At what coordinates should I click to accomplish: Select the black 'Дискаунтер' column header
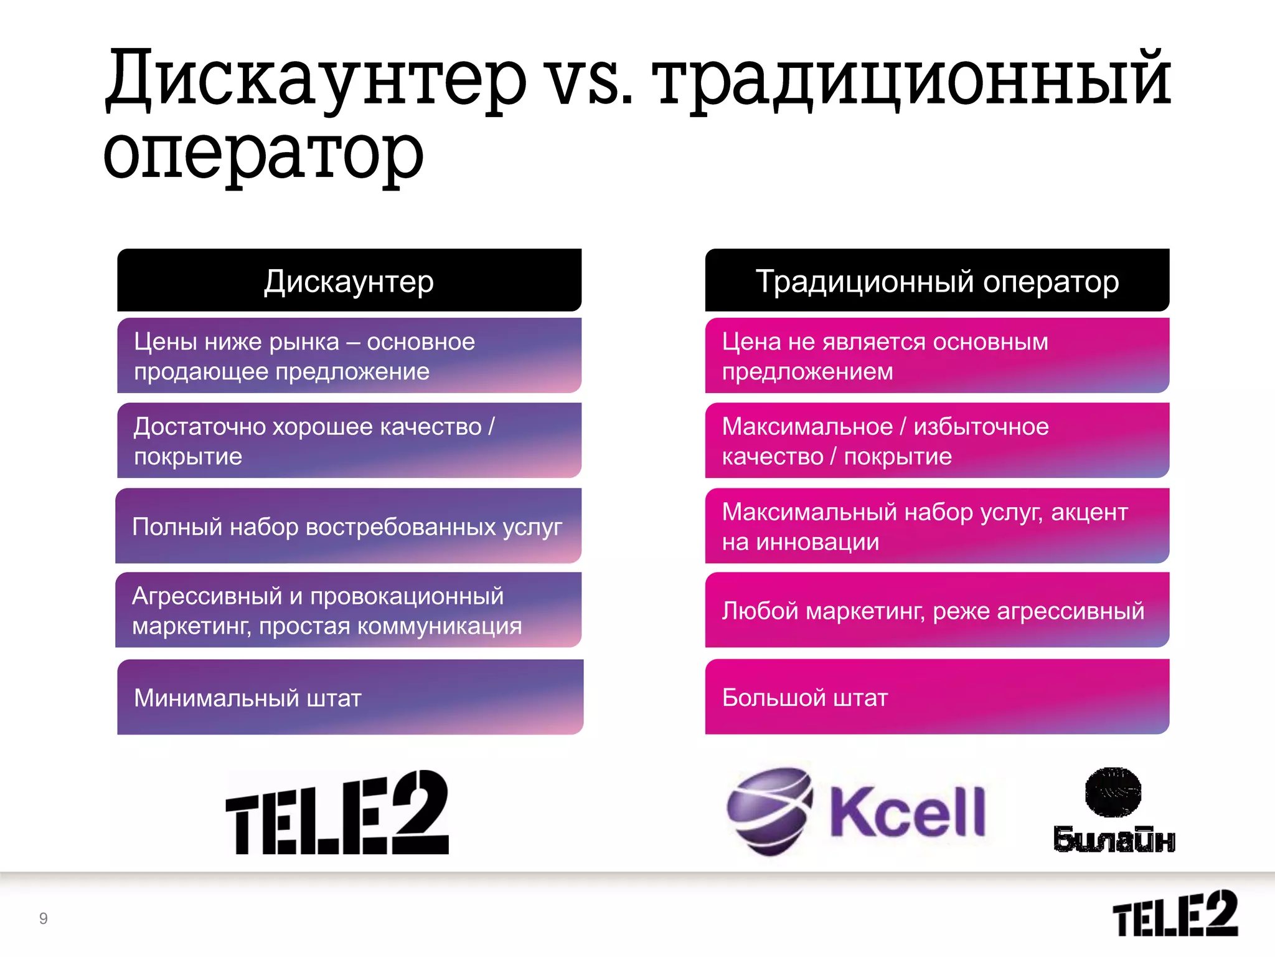click(349, 280)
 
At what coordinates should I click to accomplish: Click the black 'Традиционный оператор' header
click(937, 280)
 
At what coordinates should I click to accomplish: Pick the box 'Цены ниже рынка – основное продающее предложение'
click(349, 356)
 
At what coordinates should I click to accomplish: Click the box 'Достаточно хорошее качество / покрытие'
click(349, 440)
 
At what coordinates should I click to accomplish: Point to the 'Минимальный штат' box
click(350, 697)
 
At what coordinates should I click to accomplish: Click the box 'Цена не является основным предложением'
click(937, 356)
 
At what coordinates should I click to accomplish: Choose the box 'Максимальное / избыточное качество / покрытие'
click(937, 440)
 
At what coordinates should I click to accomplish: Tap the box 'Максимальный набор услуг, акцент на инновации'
click(937, 526)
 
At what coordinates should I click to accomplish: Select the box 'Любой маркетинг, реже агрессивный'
click(937, 610)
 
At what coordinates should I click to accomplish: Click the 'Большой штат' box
click(937, 697)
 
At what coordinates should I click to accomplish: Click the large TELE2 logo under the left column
click(337, 813)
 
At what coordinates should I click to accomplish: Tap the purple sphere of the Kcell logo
click(769, 810)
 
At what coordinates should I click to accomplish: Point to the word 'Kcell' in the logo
click(908, 811)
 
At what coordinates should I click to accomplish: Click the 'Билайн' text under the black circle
click(1114, 839)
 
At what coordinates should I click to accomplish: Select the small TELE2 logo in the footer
click(1175, 913)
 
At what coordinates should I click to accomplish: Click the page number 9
click(44, 918)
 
